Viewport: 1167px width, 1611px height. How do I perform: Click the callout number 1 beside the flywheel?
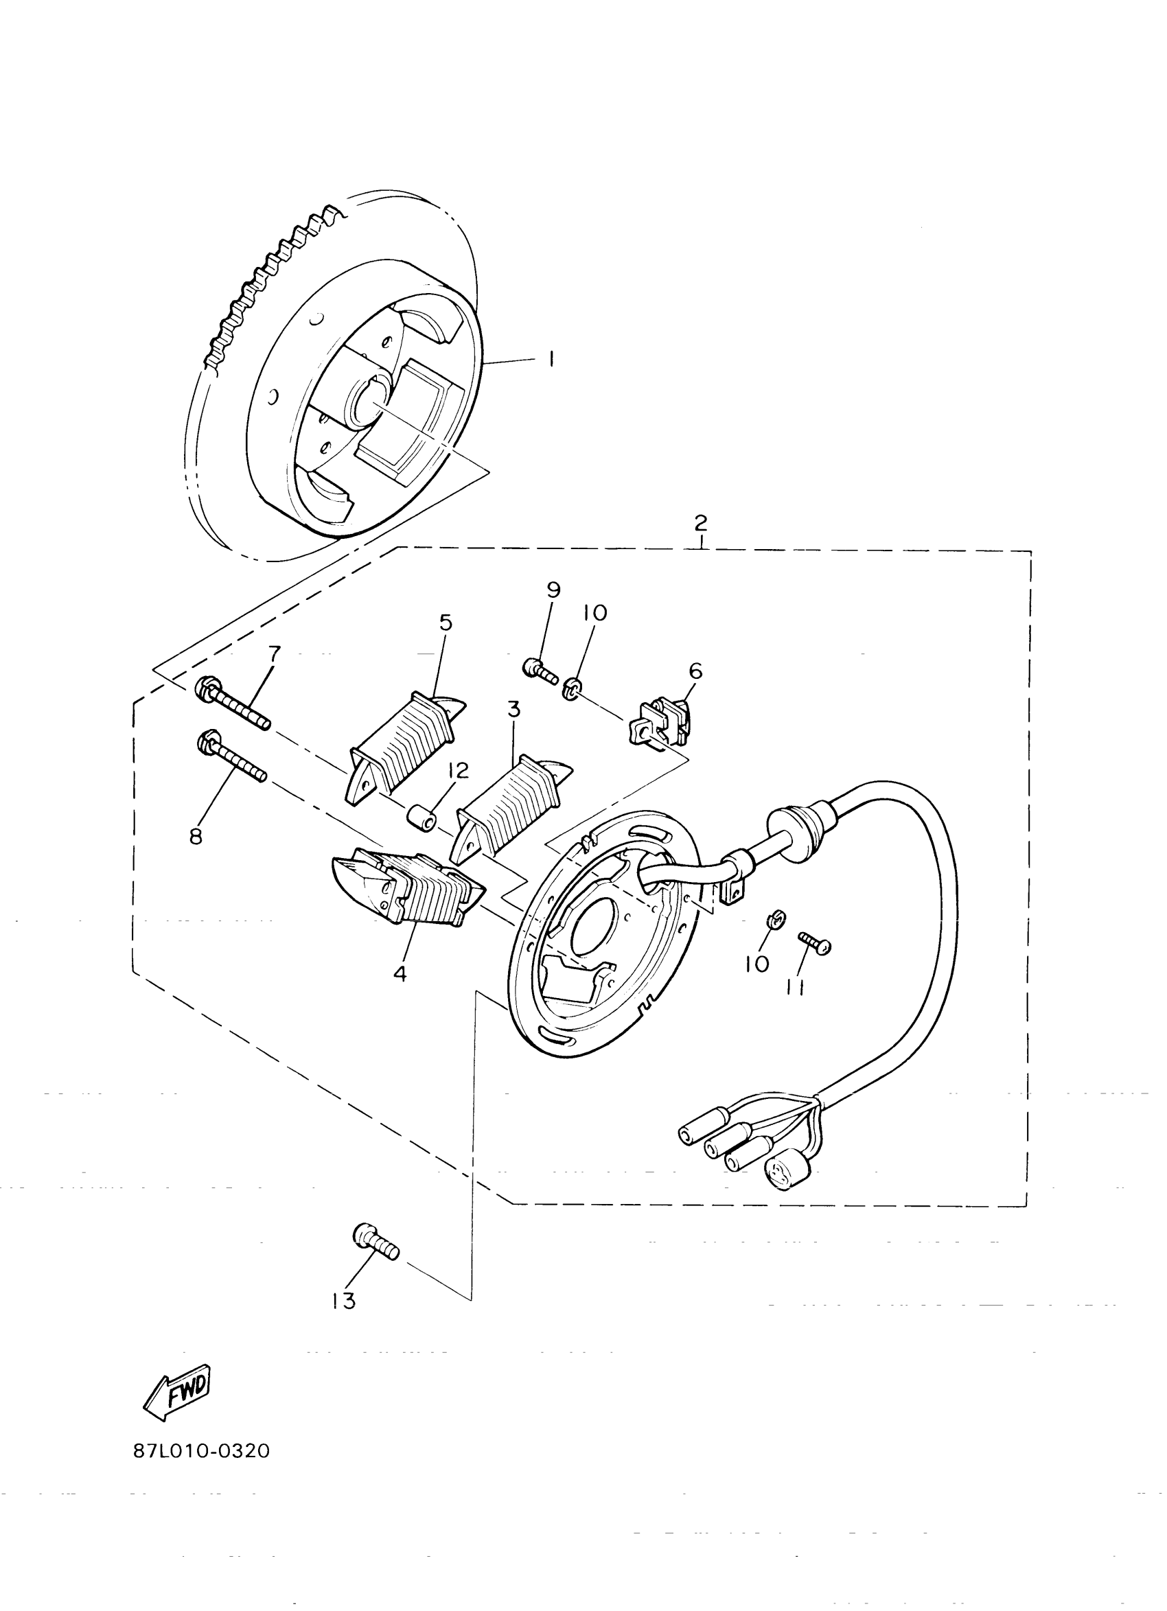click(551, 358)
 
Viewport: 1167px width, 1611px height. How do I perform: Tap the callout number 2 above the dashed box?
click(700, 524)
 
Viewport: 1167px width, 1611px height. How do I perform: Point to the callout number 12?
click(458, 772)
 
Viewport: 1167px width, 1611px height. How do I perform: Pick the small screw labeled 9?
click(540, 670)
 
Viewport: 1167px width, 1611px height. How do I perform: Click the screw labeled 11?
click(816, 942)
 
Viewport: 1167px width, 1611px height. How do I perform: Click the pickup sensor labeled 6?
click(660, 722)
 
